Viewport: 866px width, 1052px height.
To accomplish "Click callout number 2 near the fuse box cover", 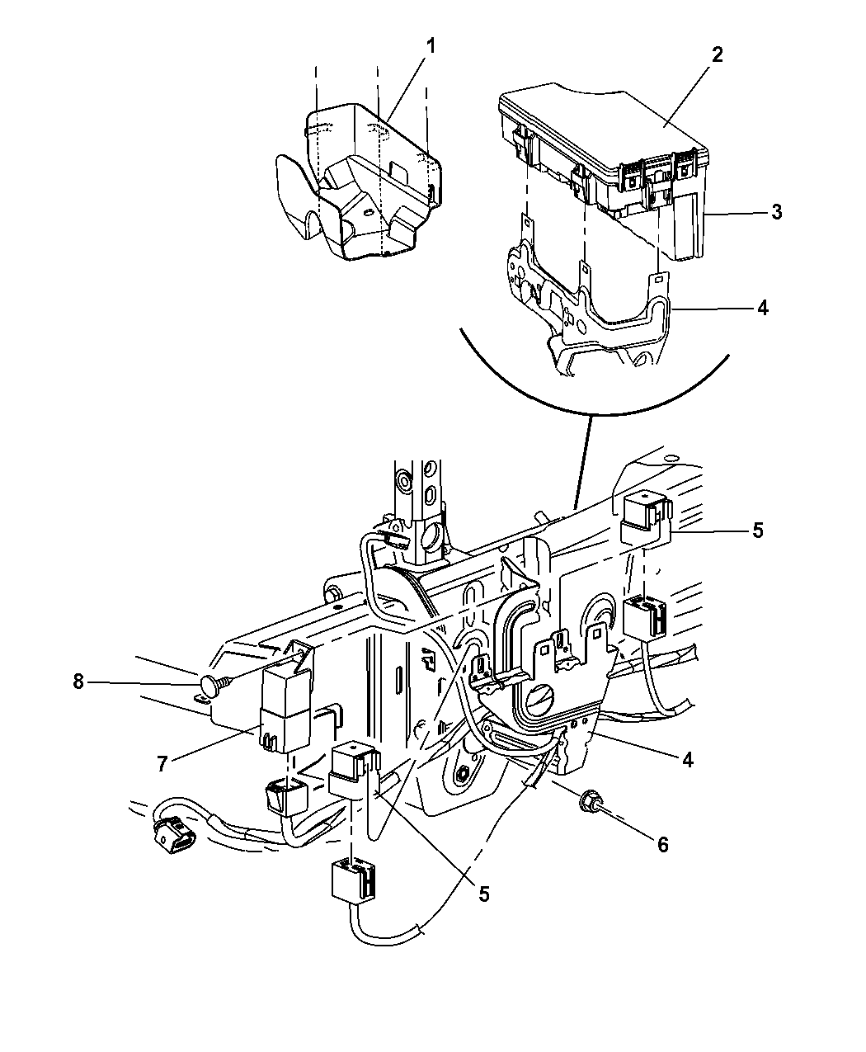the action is pyautogui.click(x=717, y=55).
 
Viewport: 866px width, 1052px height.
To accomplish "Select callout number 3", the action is pyautogui.click(x=776, y=212).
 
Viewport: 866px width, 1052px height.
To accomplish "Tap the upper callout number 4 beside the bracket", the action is pyautogui.click(x=762, y=308).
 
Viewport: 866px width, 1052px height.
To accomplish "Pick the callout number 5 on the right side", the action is pyautogui.click(x=758, y=531).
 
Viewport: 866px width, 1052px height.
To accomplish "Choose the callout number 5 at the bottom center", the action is pyautogui.click(x=484, y=894).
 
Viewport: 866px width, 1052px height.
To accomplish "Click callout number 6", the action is pyautogui.click(x=662, y=844).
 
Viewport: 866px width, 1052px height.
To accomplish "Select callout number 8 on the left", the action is pyautogui.click(x=78, y=682).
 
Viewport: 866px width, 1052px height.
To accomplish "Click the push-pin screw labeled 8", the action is pyautogui.click(x=213, y=682).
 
